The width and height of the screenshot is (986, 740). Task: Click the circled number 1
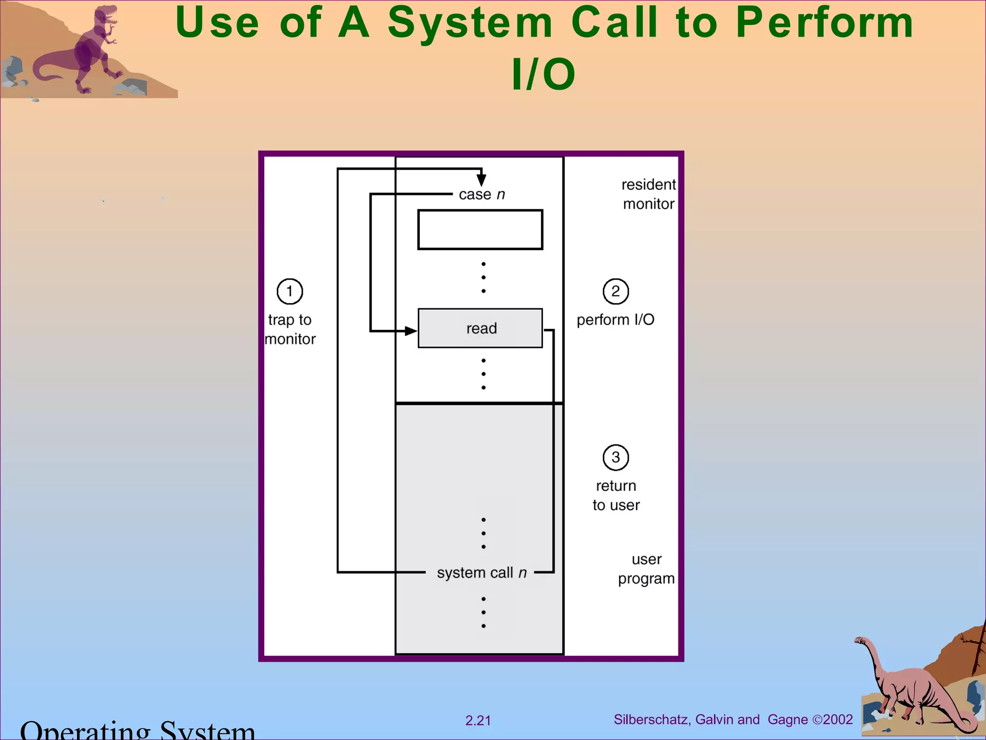click(289, 291)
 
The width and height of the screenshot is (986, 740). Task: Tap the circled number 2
click(615, 291)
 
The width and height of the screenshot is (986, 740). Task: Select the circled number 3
click(615, 457)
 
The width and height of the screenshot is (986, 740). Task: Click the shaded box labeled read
click(480, 328)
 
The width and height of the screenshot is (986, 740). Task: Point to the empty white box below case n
click(480, 229)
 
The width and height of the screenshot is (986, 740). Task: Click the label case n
click(481, 195)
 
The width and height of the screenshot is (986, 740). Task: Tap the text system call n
click(481, 572)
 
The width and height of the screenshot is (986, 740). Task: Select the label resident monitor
click(648, 194)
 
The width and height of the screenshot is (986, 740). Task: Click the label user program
click(646, 569)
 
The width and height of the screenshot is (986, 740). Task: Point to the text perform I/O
click(615, 320)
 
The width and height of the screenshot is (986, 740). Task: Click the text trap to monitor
click(290, 330)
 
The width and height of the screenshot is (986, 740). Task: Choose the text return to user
click(616, 495)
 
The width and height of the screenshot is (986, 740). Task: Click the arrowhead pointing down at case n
click(481, 180)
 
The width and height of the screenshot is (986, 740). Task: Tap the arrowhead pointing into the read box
click(411, 331)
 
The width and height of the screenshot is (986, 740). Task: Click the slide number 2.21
click(478, 721)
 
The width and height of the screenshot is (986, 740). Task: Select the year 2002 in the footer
click(838, 720)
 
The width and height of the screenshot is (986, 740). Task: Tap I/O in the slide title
click(543, 75)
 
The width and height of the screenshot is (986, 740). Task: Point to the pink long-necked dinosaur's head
click(860, 641)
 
